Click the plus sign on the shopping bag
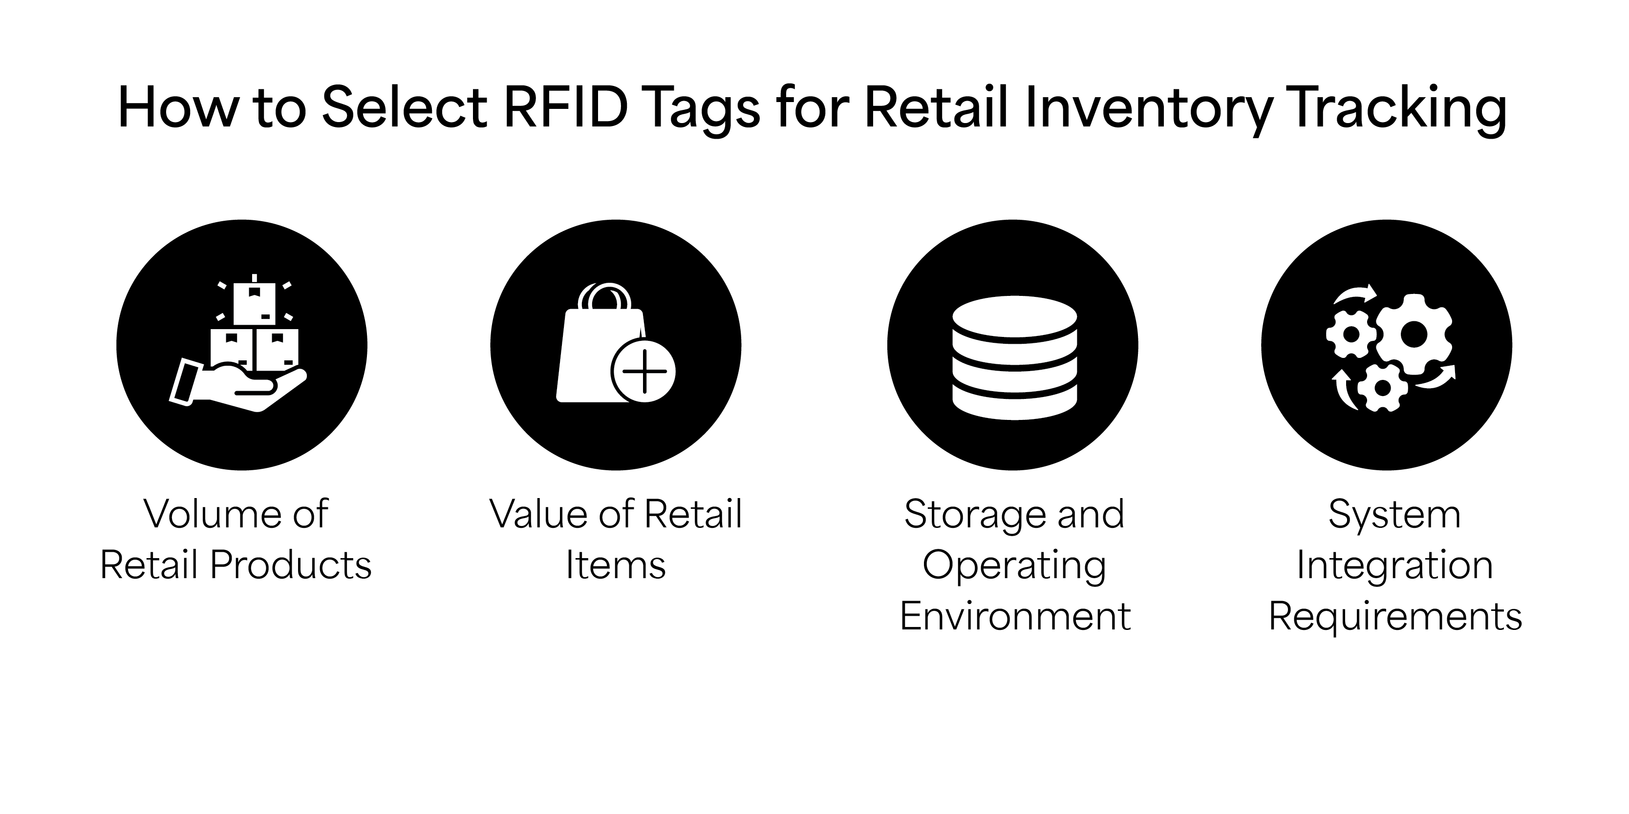(x=644, y=371)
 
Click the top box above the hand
(x=254, y=302)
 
